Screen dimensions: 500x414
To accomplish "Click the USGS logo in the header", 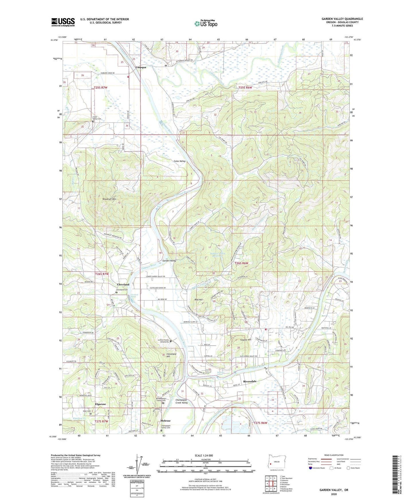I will pos(63,22).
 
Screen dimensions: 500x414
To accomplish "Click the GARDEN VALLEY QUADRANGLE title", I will pos(342,19).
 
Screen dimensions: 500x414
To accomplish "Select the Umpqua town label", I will pos(141,67).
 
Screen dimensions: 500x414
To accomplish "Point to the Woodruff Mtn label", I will pos(109,199).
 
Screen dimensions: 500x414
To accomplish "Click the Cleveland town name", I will pos(123,285).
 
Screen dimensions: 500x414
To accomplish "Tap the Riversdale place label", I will pos(250,381).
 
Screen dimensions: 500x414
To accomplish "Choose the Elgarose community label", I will pos(100,404).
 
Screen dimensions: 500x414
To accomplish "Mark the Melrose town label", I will pos(165,421).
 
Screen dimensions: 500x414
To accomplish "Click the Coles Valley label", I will pos(180,161).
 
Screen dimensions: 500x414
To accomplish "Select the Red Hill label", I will pos(199,300).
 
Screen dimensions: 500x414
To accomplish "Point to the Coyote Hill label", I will pos(246,340).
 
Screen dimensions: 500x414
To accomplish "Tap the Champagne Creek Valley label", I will pos(181,401).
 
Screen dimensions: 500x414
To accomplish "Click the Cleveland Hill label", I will pos(171,355).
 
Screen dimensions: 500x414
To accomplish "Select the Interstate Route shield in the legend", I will pos(311,468).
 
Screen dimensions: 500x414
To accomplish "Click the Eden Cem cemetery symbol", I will pos(91,414).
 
